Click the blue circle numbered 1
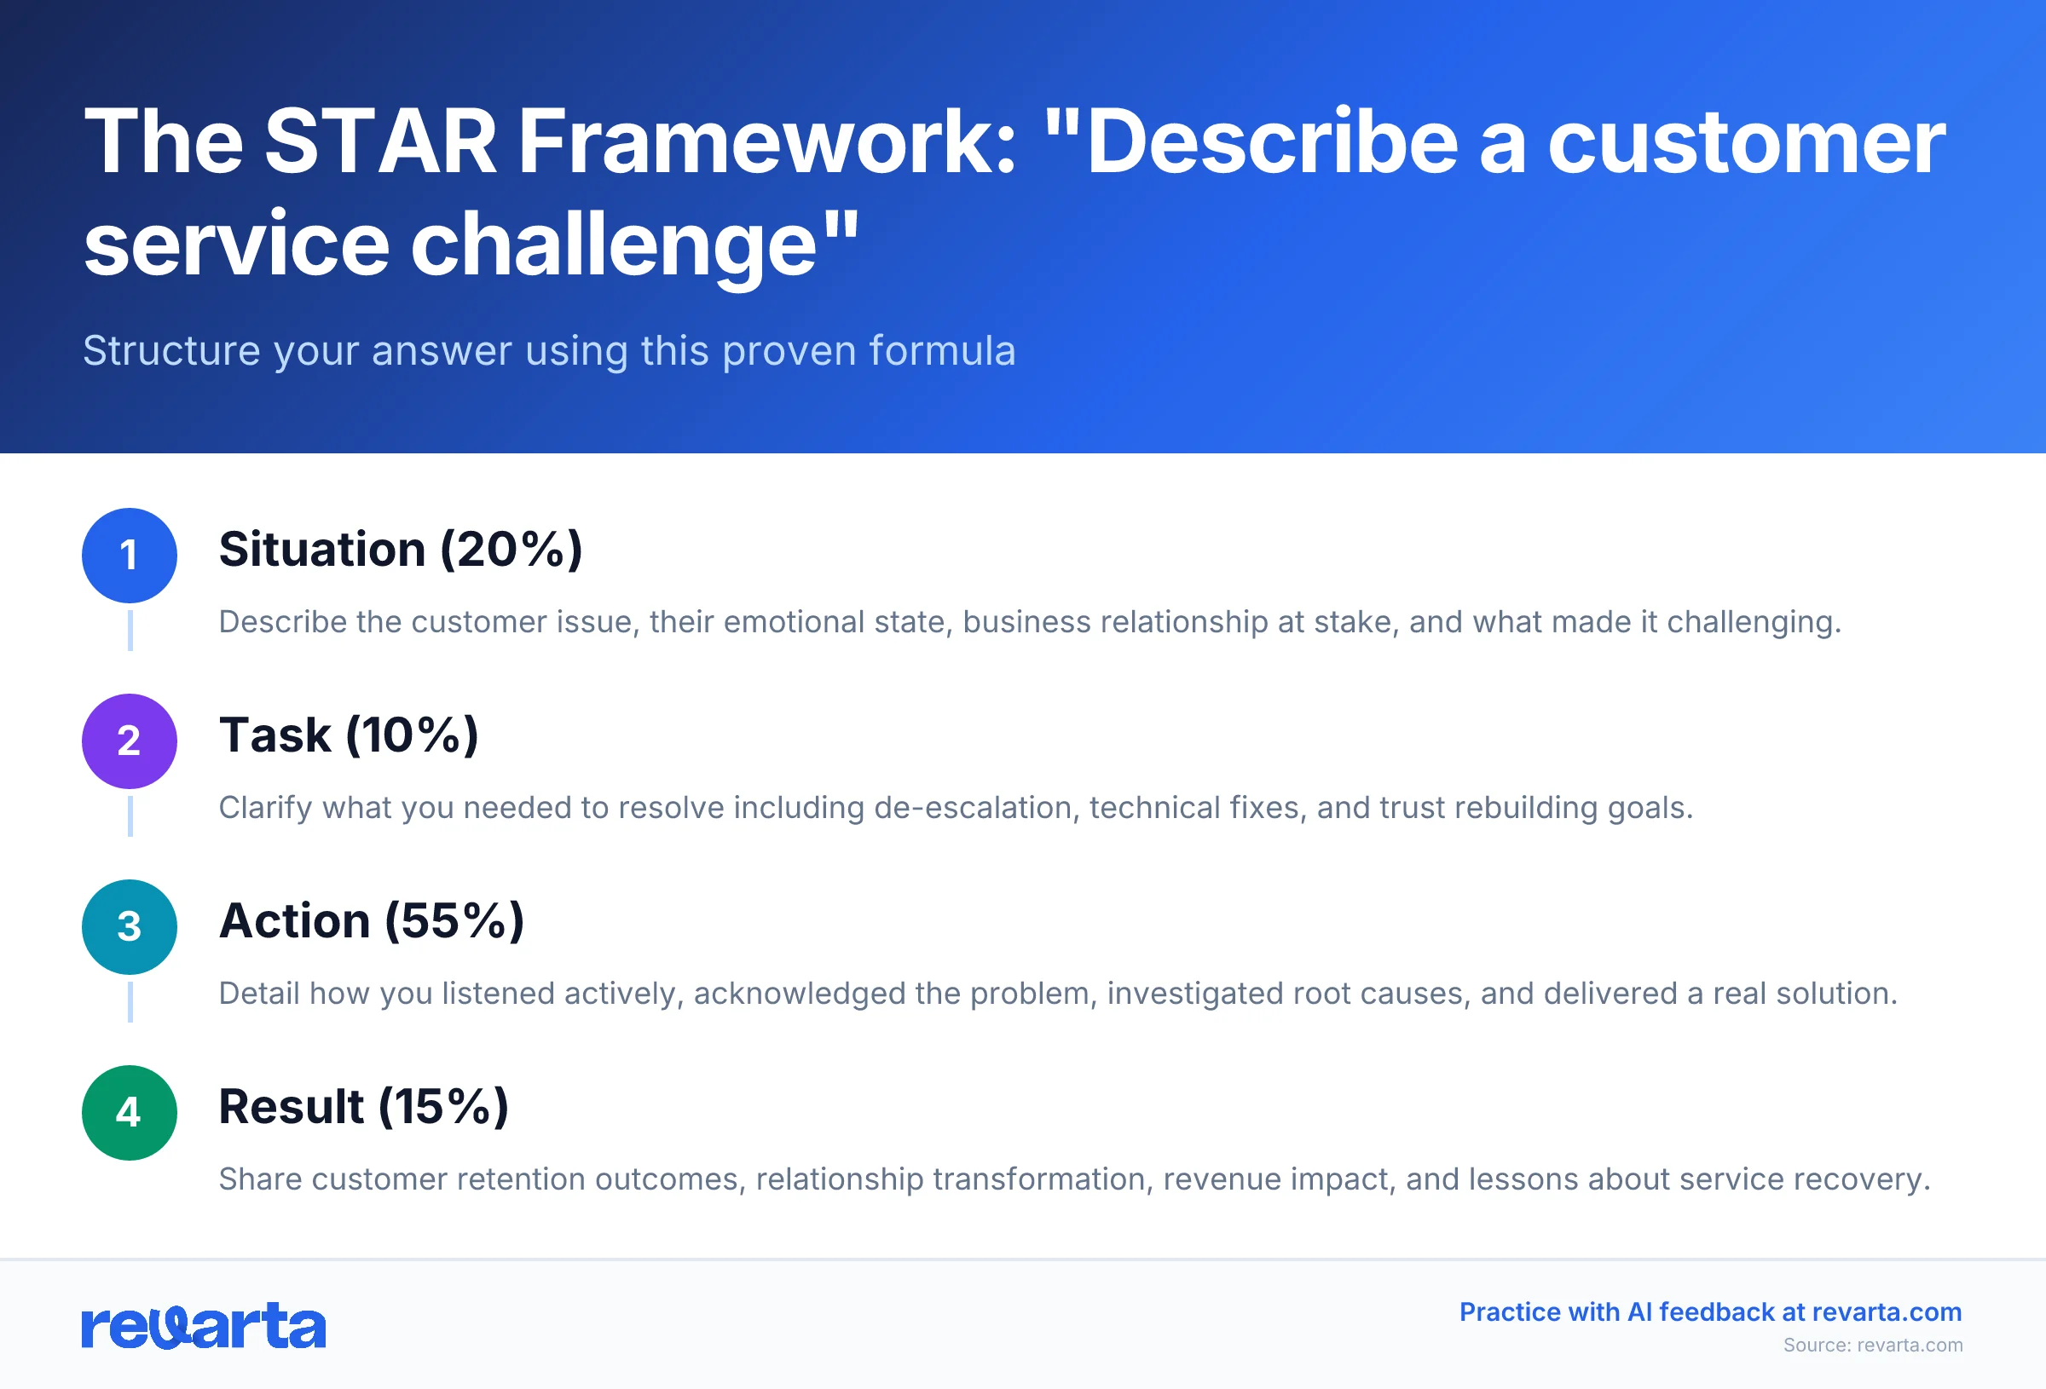click(130, 556)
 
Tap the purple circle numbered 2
click(130, 741)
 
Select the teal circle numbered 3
click(130, 927)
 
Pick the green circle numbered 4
click(130, 1113)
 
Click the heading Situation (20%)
click(401, 550)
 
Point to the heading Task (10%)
click(349, 736)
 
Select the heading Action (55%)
click(372, 922)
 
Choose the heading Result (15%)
click(364, 1107)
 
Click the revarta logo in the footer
click(204, 1326)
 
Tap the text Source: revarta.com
click(1873, 1345)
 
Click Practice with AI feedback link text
click(1710, 1311)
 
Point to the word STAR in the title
click(380, 142)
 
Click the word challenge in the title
click(614, 245)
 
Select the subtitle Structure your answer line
click(549, 350)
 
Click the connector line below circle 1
click(130, 631)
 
